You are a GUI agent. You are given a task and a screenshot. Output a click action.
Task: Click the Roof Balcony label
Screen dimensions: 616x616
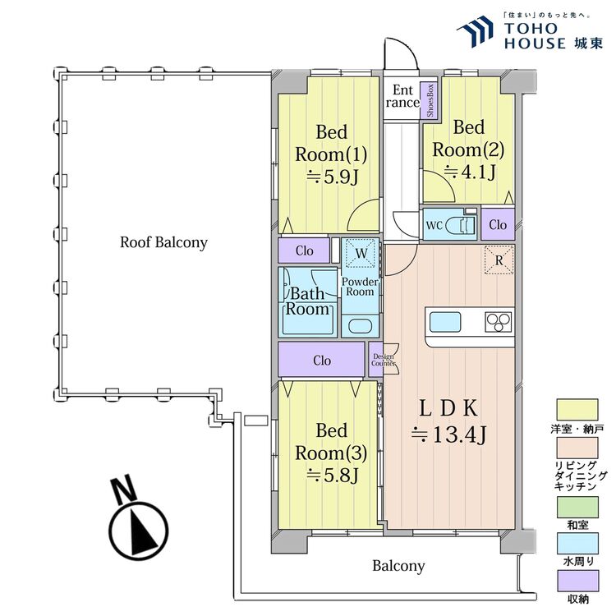click(163, 243)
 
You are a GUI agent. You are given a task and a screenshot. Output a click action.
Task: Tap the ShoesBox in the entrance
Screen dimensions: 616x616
click(430, 100)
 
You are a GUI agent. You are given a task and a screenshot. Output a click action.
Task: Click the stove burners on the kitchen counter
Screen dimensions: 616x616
click(499, 322)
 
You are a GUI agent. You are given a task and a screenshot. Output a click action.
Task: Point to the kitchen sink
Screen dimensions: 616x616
click(444, 322)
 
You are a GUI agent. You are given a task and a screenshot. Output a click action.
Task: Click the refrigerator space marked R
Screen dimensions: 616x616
click(499, 260)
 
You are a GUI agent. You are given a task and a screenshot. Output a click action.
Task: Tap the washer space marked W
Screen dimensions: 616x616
click(361, 254)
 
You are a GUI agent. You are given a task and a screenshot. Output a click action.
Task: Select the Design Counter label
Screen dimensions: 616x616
click(383, 360)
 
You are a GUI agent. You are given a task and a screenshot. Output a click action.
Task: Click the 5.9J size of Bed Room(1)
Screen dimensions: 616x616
click(333, 177)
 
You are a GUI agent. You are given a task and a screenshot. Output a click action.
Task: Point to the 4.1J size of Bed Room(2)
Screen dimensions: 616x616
click(470, 172)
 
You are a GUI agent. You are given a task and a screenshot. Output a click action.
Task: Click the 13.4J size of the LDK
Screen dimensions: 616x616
click(448, 434)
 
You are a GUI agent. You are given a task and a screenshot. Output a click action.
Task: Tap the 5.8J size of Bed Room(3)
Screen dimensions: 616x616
click(333, 476)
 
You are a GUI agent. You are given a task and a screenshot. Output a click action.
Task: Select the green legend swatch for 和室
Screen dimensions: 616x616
click(577, 507)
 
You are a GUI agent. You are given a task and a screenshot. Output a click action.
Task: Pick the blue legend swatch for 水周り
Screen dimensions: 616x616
click(577, 544)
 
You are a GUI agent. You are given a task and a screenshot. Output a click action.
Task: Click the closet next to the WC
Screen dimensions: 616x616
click(498, 224)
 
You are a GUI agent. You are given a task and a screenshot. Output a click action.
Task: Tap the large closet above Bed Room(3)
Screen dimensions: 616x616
click(321, 360)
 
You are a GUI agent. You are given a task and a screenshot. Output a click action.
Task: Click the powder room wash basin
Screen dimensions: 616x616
click(360, 326)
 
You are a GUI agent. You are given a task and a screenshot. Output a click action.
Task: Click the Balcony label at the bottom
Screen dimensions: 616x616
click(398, 566)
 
